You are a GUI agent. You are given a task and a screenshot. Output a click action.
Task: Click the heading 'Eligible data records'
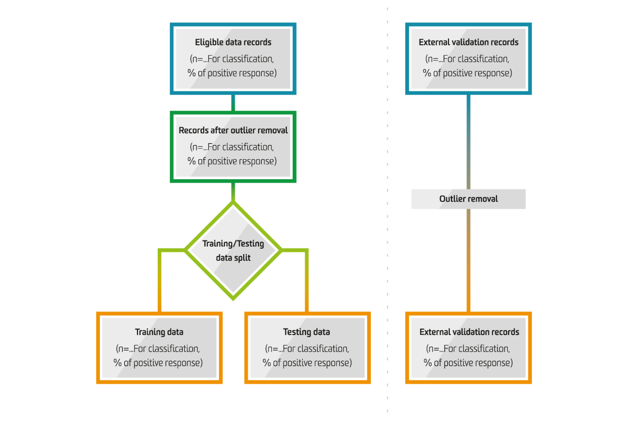pos(233,42)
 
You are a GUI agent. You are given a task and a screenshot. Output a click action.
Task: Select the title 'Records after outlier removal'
pos(233,130)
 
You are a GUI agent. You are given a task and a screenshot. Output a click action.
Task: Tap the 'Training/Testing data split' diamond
pos(233,250)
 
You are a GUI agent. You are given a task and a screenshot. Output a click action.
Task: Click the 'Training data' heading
pos(159,332)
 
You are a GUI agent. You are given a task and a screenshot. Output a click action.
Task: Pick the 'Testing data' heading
pos(307,332)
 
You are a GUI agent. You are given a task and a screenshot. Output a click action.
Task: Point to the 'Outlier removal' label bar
pos(468,199)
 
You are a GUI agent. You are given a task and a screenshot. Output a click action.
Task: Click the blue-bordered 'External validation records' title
pos(468,42)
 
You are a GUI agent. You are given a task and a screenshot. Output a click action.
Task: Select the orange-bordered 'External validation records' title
pos(469,332)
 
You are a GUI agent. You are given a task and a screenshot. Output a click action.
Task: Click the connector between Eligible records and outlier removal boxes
pos(233,103)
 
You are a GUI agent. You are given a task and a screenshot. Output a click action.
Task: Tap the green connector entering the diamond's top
pos(233,192)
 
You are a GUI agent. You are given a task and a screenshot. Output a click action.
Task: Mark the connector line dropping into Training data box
pos(160,280)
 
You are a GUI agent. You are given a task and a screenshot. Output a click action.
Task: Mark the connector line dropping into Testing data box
pos(307,280)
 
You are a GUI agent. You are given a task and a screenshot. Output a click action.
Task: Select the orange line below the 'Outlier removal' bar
pos(468,261)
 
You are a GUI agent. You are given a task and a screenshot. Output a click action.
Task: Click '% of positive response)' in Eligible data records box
pos(232,73)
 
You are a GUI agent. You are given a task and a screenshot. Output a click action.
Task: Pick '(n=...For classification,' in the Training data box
pos(158,349)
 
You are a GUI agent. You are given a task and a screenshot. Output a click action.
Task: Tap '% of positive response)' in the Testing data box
pos(307,363)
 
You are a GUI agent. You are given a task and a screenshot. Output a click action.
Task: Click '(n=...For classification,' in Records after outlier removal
pos(232,147)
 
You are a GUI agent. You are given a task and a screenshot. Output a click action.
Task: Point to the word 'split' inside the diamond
pos(243,258)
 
